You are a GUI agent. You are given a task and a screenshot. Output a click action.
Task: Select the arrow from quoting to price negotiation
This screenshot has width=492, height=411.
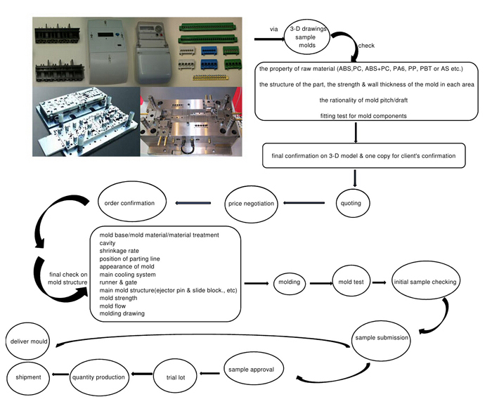click(x=304, y=202)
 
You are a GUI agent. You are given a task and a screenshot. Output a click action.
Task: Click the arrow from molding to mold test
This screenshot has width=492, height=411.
click(x=321, y=283)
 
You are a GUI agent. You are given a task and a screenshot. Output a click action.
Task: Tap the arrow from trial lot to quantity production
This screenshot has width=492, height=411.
click(x=142, y=374)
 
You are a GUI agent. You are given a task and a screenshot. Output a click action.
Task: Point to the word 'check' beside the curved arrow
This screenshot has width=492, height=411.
click(x=366, y=46)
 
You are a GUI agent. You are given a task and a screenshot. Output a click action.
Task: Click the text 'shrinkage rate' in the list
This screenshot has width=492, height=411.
click(x=119, y=251)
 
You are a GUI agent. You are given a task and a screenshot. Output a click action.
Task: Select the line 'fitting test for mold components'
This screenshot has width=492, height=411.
click(x=363, y=116)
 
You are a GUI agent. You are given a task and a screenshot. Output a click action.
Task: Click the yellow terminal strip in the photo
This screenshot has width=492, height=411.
click(x=210, y=77)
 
